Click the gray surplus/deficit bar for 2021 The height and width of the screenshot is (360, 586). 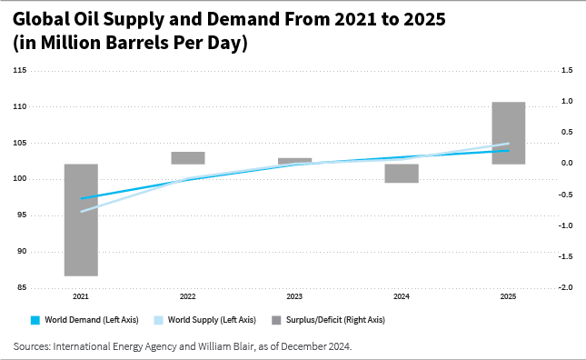coord(81,219)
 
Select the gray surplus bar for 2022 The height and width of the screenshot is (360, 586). coord(187,158)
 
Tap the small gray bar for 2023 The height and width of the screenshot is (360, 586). coord(294,161)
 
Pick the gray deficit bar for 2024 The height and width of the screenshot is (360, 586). coord(401,173)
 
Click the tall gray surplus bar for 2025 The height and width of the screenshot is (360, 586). coord(508,133)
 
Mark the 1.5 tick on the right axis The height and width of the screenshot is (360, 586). coord(568,71)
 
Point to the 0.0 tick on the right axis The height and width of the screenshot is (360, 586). coord(568,164)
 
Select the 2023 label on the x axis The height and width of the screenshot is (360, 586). coord(294,297)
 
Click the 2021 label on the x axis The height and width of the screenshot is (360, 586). coord(81,297)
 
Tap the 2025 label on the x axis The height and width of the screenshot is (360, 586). coord(508,297)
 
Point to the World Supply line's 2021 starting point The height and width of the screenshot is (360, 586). coord(82,212)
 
